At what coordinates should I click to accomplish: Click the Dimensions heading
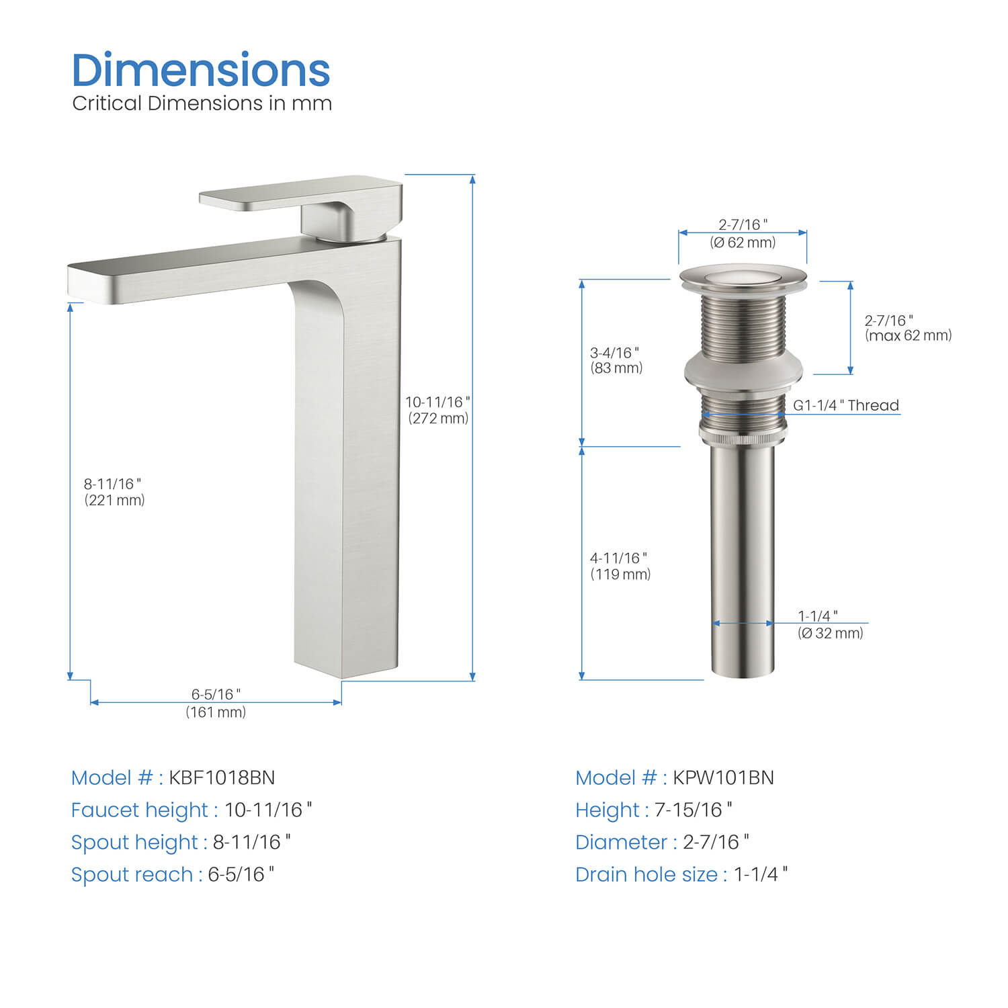point(201,70)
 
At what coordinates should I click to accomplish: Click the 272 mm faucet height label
point(438,410)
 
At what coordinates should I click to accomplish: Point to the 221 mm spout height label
point(114,492)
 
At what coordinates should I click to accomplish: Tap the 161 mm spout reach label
point(216,703)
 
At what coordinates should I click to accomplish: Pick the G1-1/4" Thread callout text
point(846,405)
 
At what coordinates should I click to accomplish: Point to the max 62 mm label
point(908,328)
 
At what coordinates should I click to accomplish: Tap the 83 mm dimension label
point(616,360)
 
